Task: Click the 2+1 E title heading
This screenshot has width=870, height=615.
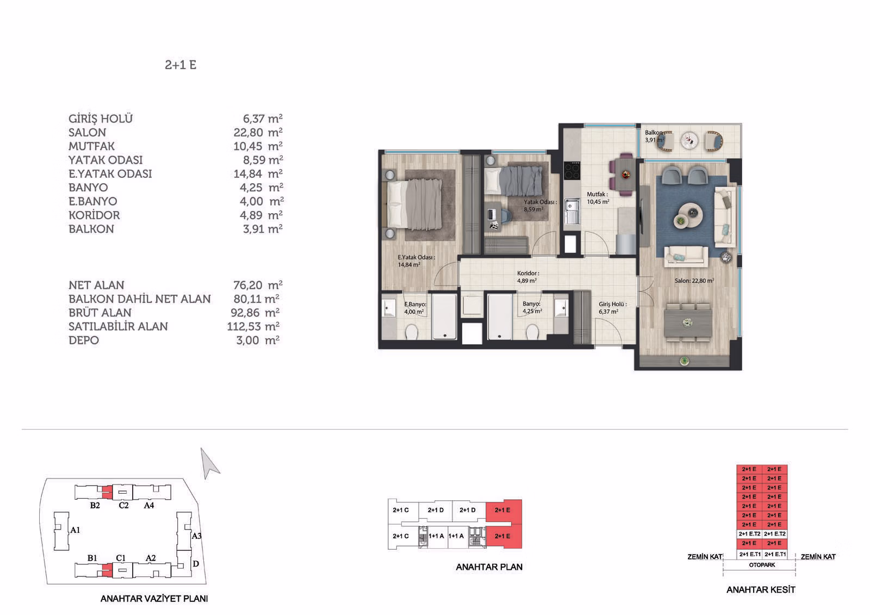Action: point(181,65)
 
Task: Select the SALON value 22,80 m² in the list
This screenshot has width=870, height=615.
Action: point(258,133)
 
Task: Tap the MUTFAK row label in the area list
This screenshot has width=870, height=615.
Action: point(92,146)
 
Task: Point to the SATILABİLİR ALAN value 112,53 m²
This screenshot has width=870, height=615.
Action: point(253,326)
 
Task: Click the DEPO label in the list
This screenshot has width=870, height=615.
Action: point(84,340)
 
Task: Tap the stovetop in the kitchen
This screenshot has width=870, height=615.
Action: point(572,171)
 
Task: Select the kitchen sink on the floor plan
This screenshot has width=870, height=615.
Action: point(572,212)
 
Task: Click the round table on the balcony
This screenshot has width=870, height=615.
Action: point(690,140)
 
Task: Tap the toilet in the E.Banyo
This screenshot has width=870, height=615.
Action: point(412,332)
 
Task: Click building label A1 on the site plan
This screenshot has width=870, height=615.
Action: point(75,530)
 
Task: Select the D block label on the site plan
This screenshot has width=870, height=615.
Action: point(196,564)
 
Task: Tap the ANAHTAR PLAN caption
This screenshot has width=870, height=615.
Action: point(489,567)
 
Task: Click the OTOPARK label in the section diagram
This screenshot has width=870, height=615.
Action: point(762,565)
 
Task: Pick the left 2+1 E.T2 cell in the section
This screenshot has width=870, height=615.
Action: point(749,534)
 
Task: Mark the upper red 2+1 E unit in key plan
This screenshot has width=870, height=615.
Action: point(504,511)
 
